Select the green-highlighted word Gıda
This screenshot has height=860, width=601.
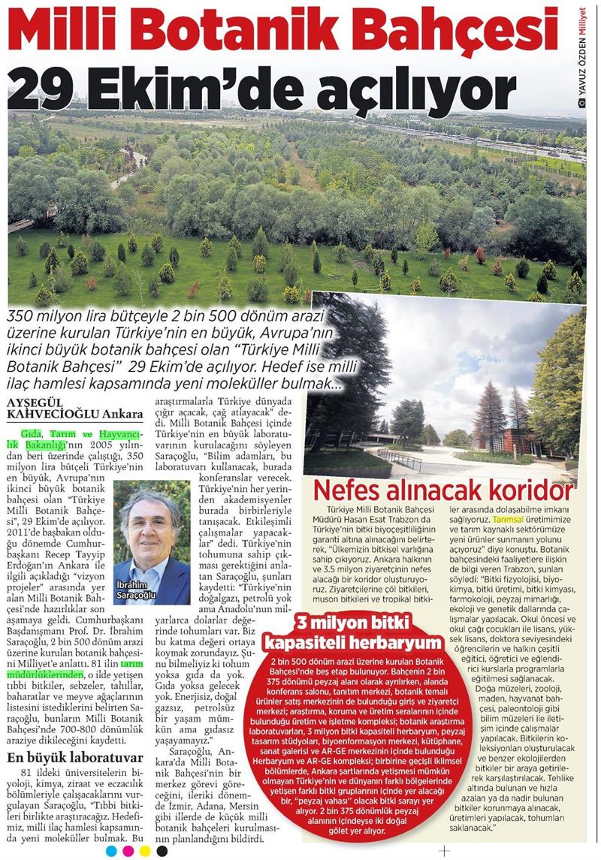pos(33,435)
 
